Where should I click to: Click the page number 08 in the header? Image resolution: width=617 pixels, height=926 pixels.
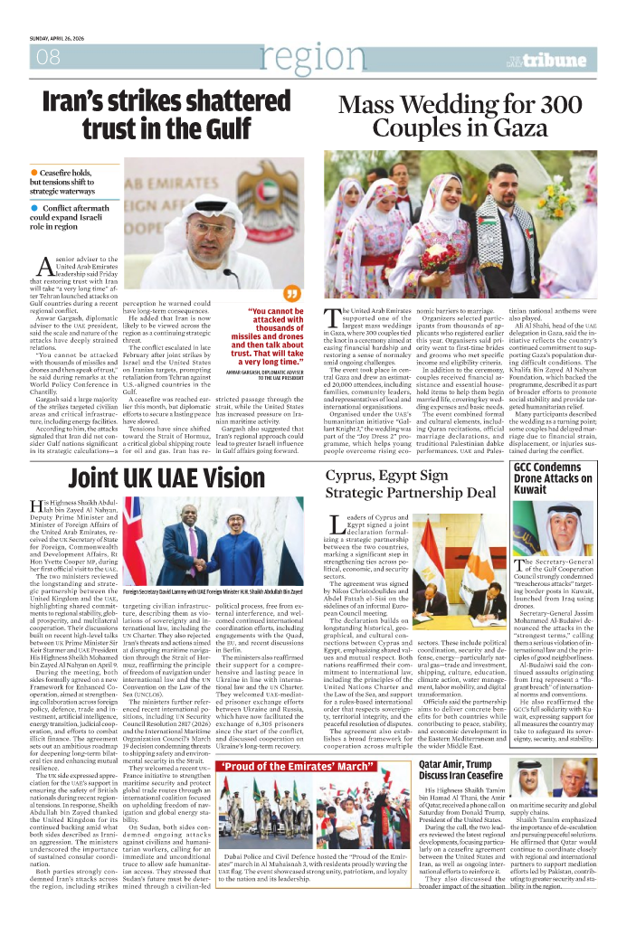[x=48, y=58]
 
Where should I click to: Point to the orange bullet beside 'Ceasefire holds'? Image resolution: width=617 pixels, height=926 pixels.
[x=34, y=172]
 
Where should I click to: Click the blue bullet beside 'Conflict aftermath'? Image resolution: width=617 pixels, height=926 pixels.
[x=34, y=208]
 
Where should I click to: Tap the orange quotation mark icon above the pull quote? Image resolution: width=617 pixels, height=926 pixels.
[x=291, y=293]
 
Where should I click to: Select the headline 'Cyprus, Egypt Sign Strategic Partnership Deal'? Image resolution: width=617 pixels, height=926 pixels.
[x=411, y=484]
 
